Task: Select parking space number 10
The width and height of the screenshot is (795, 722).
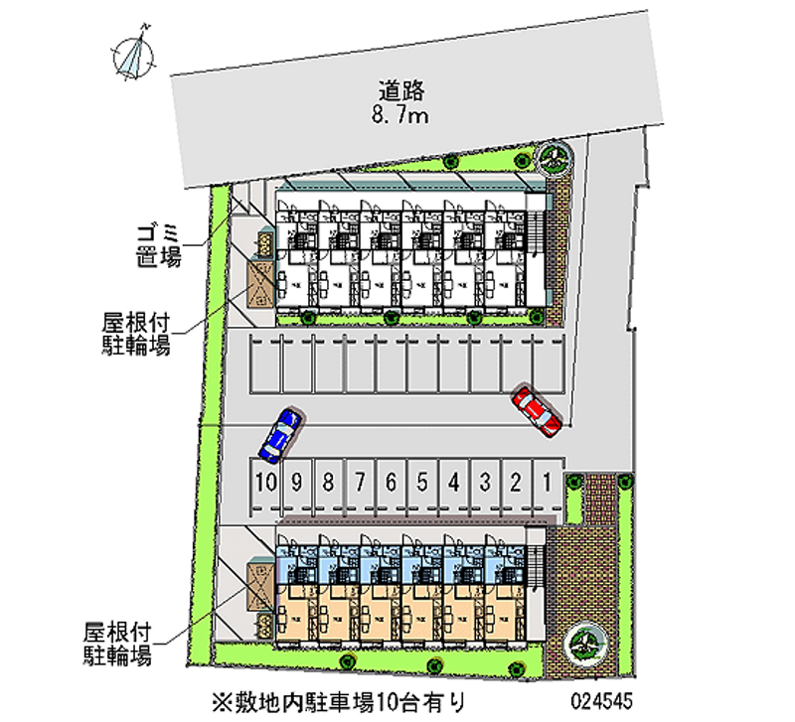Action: [263, 484]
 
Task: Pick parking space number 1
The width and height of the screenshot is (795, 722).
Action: [548, 484]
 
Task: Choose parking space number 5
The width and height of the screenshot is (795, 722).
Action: [421, 484]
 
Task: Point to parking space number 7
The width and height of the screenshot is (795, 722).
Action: [359, 484]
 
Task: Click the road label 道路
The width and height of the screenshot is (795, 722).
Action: [401, 91]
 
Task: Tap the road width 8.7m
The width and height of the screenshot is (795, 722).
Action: [401, 117]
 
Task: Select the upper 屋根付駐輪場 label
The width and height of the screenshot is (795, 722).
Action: [136, 334]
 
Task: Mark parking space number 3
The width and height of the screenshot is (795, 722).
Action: [485, 484]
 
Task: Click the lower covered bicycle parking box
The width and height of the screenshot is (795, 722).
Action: [258, 586]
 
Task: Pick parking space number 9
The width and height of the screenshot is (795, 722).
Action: [296, 484]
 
